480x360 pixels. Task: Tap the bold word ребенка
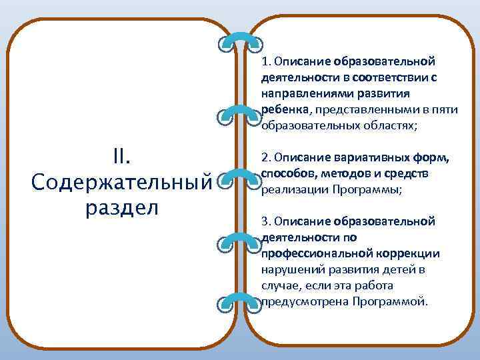[x=284, y=109]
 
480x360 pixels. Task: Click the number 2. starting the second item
[x=266, y=158]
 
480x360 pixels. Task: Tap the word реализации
[x=291, y=189]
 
